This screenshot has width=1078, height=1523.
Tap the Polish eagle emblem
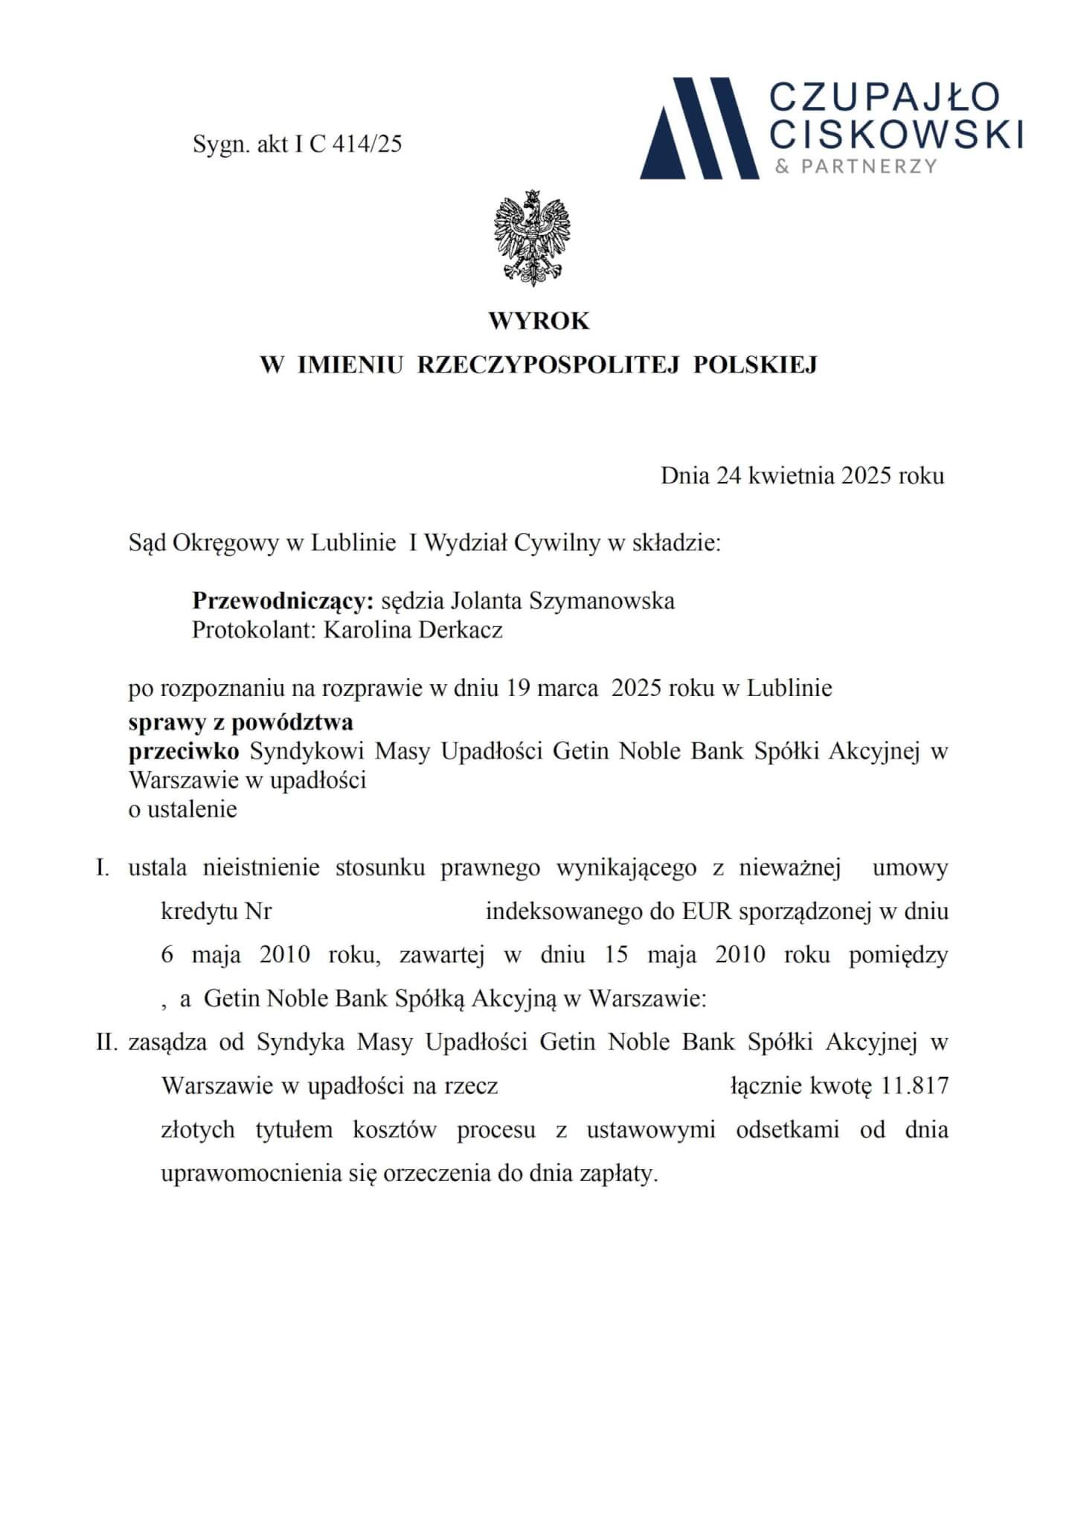(531, 238)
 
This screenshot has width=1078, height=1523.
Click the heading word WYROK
(539, 321)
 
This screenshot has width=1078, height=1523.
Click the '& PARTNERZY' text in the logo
(856, 167)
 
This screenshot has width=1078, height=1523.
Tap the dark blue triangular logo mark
(699, 128)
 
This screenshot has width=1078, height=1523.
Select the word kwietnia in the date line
(792, 476)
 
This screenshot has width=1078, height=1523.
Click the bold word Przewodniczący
(282, 601)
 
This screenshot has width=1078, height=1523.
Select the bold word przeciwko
(184, 752)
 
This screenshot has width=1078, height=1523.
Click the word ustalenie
(192, 809)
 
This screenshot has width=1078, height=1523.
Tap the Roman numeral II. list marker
(107, 1043)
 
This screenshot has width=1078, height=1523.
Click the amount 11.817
(914, 1086)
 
